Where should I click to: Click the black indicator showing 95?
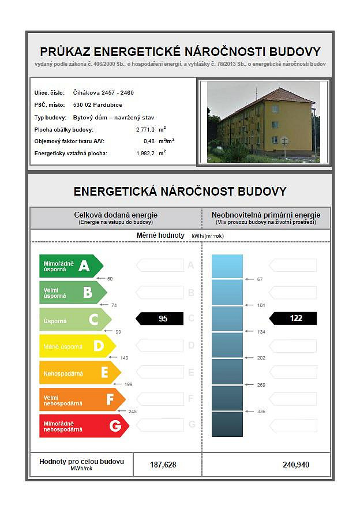(159, 319)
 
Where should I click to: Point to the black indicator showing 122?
(294, 319)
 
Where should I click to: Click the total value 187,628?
(163, 465)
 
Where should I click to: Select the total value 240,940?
(297, 465)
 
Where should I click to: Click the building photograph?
(262, 122)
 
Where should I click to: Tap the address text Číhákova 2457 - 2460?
(103, 92)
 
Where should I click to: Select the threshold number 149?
(125, 358)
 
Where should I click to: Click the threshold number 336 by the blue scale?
(260, 411)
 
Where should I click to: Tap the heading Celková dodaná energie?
(115, 215)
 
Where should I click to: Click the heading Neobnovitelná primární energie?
(266, 215)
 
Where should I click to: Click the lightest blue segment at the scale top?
(227, 266)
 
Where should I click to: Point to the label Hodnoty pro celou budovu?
(81, 462)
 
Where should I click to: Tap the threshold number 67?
(260, 279)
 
